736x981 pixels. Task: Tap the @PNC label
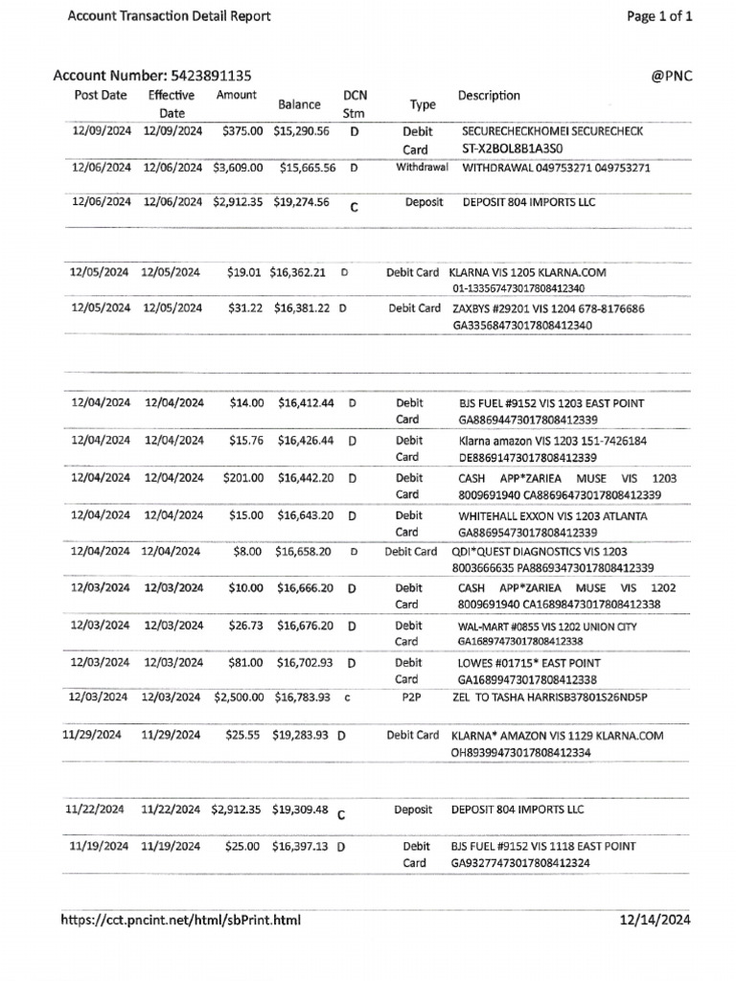[x=672, y=76]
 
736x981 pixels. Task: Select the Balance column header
[x=298, y=104]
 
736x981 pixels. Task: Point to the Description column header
[x=489, y=96]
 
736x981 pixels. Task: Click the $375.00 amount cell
[x=242, y=131]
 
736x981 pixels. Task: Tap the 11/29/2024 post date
[x=94, y=736]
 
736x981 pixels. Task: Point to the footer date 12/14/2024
[x=655, y=921]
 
